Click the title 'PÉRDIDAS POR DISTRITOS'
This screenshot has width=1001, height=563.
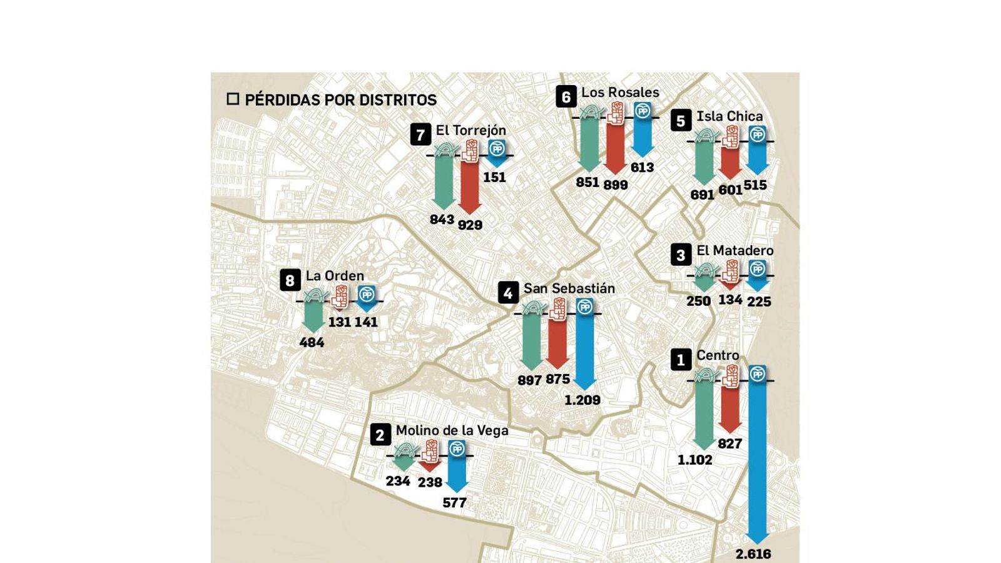(x=340, y=100)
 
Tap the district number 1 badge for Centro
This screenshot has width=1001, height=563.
(x=681, y=360)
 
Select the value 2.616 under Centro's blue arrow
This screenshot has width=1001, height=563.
(x=753, y=554)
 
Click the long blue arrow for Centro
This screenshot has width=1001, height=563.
(x=758, y=463)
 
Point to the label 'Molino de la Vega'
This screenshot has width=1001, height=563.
(x=452, y=430)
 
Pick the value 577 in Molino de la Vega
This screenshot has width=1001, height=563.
(x=454, y=502)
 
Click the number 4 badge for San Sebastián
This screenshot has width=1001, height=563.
(x=508, y=293)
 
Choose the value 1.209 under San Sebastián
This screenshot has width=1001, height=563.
(x=582, y=400)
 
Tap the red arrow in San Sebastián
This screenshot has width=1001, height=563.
(x=557, y=344)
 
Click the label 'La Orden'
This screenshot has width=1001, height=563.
(x=335, y=276)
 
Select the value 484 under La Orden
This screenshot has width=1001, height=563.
(x=312, y=342)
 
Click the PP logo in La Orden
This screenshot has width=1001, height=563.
(x=366, y=294)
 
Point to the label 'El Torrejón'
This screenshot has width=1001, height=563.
(x=470, y=130)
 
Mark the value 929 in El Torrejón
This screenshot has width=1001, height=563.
(x=470, y=225)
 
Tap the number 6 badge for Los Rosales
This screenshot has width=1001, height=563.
(x=566, y=97)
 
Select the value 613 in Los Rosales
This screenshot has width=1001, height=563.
(x=642, y=168)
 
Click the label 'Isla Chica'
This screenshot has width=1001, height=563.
(x=729, y=116)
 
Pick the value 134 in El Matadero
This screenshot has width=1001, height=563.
(x=730, y=300)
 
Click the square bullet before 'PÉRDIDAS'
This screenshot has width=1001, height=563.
(x=233, y=99)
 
